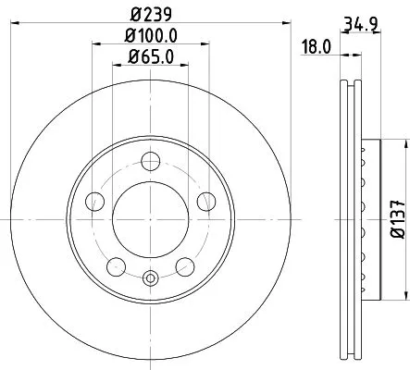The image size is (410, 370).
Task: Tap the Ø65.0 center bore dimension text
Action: tap(151, 60)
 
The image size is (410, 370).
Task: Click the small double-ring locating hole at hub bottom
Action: tap(151, 276)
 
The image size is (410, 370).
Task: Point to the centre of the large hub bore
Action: tap(151, 219)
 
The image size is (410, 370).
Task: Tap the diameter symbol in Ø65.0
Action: tap(130, 60)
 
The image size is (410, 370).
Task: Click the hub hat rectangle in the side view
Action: tap(369, 219)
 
